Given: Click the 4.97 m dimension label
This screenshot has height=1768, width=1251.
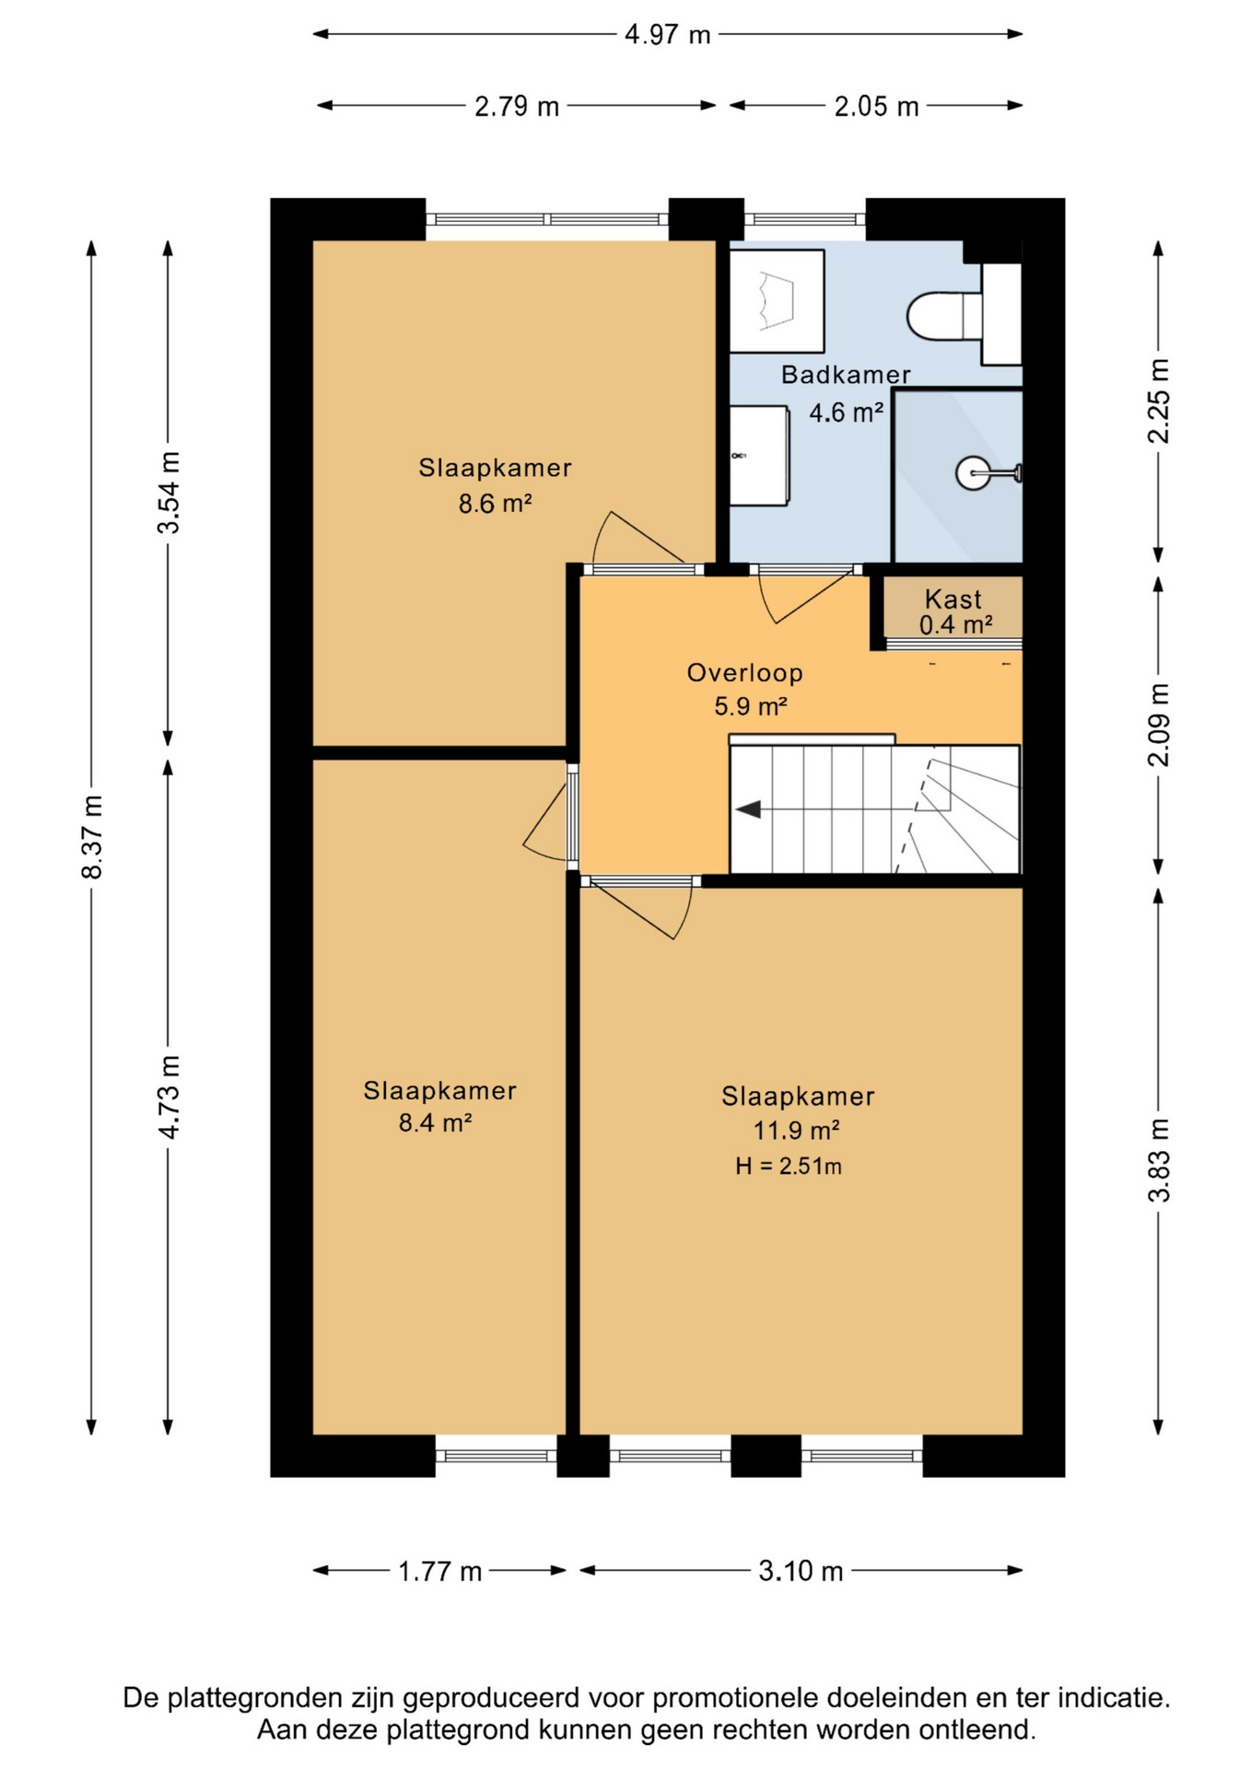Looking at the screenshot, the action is point(668,35).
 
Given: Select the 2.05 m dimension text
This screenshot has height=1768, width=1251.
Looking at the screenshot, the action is point(876,107).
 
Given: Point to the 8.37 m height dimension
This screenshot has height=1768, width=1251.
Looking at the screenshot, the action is point(92,836).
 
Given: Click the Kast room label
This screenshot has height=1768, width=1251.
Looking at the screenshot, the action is point(953,599).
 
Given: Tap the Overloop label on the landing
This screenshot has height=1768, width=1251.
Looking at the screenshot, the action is point(744,673).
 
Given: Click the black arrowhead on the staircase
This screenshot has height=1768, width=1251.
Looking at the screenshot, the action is point(747,809).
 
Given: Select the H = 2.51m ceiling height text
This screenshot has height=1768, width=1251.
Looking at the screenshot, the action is point(788,1167).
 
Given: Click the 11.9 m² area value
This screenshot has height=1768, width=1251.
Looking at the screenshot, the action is point(796,1130).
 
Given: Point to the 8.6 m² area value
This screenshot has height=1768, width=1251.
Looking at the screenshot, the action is point(495,504).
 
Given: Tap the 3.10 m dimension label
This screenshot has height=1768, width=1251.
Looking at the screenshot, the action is point(801,1571).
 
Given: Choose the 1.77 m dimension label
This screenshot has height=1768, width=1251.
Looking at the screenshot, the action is point(439,1571).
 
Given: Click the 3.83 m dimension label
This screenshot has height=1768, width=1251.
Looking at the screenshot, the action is point(1159,1160).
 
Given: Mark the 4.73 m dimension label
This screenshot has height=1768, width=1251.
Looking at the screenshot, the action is point(170,1097).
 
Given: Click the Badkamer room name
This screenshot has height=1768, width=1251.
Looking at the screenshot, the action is point(846,375).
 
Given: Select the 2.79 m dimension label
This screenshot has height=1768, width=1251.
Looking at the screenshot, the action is point(517,107).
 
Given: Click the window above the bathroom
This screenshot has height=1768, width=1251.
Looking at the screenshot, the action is point(804,219).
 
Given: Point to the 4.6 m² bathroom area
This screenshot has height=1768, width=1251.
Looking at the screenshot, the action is point(846,412).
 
